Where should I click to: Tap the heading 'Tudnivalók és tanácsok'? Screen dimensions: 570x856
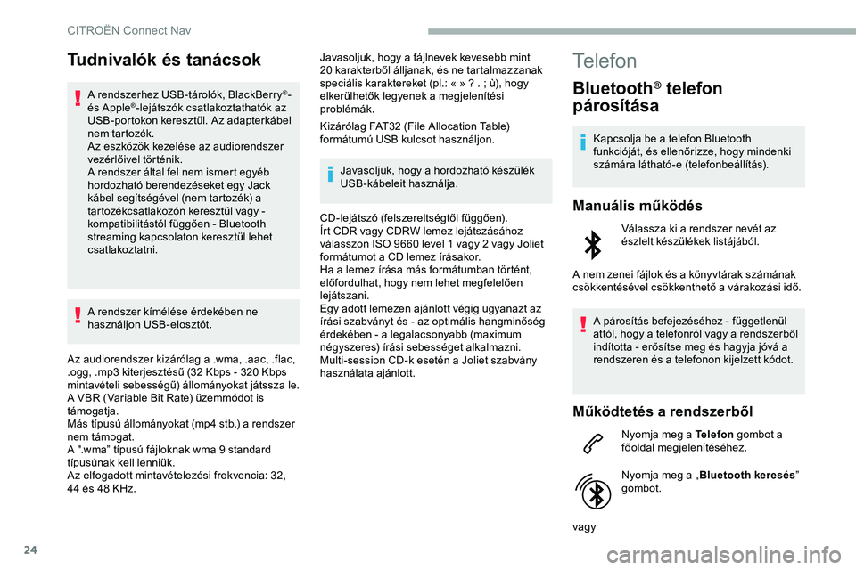(163, 61)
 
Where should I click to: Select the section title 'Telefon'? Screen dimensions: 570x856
(605, 61)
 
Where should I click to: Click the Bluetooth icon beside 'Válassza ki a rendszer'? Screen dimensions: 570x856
(591, 243)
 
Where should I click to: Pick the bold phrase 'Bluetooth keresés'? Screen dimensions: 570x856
(745, 476)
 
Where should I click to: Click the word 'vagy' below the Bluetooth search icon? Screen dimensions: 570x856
(586, 527)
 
